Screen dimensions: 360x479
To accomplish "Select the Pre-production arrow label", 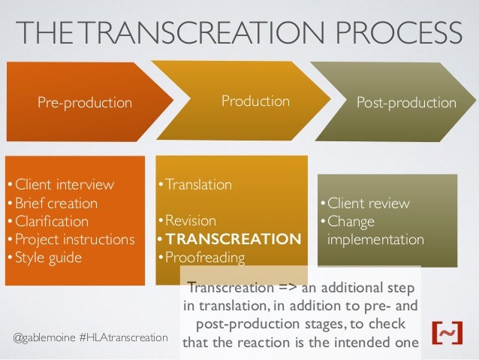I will point(86,102).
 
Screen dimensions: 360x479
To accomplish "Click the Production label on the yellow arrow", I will point(255,101).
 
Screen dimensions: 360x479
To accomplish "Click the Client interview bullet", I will point(61,185).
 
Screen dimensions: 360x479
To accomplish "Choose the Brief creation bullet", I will point(53,203).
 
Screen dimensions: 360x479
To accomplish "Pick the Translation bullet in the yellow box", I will point(196,184).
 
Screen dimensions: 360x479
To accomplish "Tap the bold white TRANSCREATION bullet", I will point(230,240).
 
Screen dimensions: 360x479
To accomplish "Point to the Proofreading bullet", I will point(202,259).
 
